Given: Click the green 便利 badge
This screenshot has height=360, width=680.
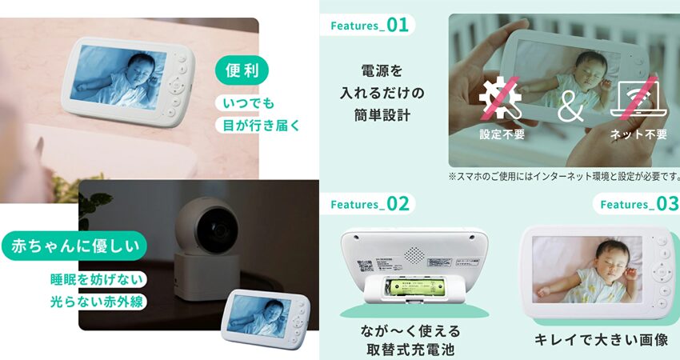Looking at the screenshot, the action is coord(242,70).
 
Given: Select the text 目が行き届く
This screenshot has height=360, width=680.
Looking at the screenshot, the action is coord(261,126).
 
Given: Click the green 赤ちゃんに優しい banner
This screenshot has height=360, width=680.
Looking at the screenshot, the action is coord(74,246).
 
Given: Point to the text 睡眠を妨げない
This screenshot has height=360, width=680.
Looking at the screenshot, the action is coord(96,279).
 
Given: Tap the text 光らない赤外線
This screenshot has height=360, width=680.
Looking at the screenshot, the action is coord(96,302).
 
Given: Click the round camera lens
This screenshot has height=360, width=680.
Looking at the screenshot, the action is coord(216,229).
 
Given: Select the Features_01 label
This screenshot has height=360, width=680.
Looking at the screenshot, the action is coord(369,25).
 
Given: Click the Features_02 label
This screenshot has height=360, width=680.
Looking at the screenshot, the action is coord(370,204).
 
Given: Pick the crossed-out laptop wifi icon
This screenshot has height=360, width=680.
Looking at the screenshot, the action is coord(638,99).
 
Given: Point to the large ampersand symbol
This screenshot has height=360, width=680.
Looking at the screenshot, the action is coord(570,106).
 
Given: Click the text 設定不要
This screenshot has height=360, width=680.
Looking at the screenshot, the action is coord(502,134).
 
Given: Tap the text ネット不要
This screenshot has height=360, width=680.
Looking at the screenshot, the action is coord(638,134).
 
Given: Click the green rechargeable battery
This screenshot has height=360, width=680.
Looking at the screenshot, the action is coord(414,286).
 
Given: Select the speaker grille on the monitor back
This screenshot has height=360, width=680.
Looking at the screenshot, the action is coord(414,255).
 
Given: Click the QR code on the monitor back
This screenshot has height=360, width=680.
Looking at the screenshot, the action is coord(364,266).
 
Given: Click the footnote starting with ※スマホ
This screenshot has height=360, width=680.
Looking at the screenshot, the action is coord(564,176).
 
